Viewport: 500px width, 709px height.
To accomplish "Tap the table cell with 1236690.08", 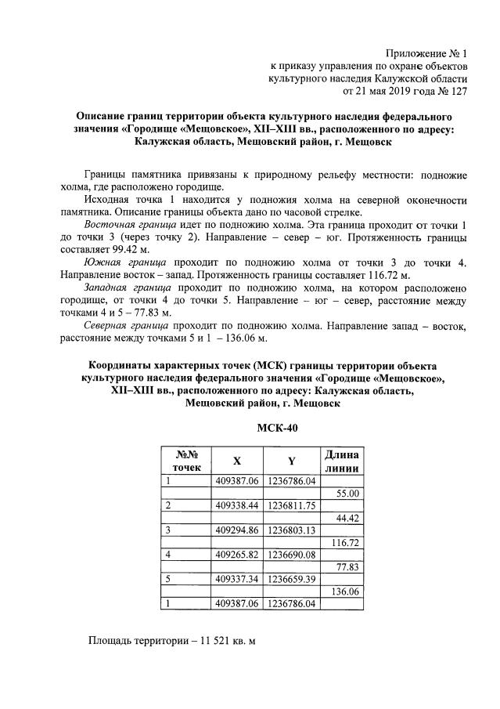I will coord(292,555).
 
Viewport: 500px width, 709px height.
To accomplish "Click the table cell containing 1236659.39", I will coord(292,579).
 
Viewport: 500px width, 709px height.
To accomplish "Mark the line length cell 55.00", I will coord(346,494).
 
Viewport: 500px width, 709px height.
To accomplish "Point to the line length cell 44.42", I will coord(346,518).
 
